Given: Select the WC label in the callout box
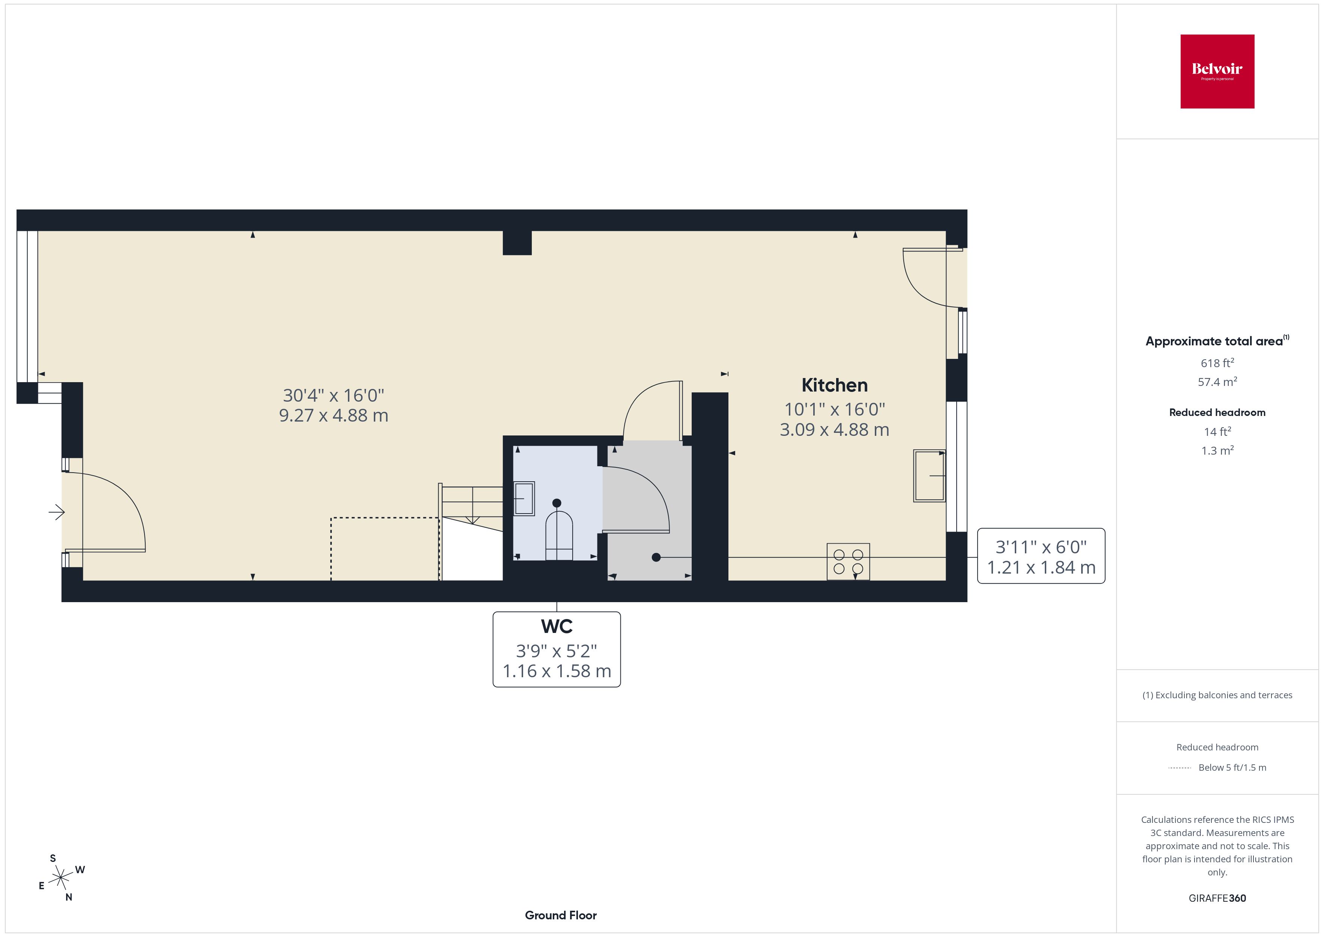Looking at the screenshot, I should click(557, 627).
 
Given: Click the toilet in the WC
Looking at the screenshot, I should click(559, 535).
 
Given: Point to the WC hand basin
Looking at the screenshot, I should click(524, 498).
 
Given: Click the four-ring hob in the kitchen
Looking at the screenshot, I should click(848, 561).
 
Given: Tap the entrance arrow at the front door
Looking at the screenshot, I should click(57, 512).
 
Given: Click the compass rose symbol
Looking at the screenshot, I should click(60, 878).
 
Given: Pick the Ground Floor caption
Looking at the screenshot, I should click(561, 915).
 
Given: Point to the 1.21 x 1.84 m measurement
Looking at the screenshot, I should click(1041, 568).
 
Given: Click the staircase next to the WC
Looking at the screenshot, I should click(472, 505).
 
